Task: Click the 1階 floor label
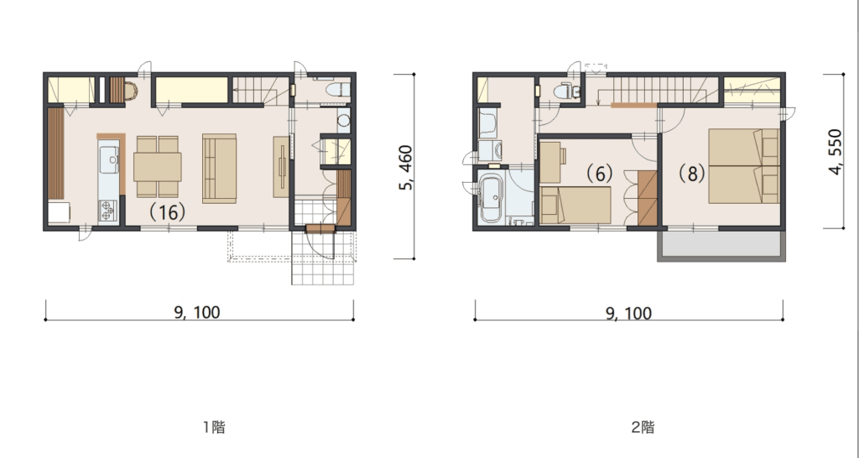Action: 214,427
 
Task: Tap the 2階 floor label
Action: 643,427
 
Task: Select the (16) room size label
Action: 167,212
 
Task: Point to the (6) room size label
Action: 599,174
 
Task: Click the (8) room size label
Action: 692,174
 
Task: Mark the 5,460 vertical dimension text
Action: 405,168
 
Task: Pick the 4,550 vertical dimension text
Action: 835,152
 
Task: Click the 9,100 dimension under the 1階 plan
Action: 197,312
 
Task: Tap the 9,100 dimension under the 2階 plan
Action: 628,314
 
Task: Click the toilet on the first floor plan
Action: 337,89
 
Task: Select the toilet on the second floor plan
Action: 566,91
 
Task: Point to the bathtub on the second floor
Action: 490,198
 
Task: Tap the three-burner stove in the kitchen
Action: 107,211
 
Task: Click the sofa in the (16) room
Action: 219,169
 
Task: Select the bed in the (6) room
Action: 575,205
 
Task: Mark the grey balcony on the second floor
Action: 721,245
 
